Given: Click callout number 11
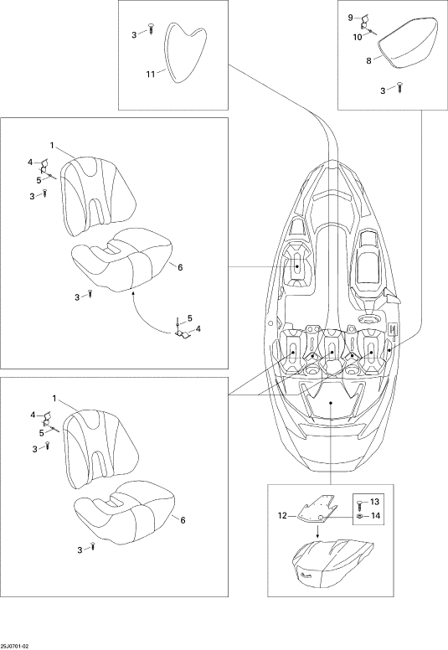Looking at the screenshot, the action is tap(151, 75).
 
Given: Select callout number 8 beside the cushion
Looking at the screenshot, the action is tap(368, 61).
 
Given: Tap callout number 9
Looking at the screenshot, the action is tap(350, 18).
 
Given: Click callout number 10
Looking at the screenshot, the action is tap(358, 38).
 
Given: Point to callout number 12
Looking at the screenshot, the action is tap(282, 516).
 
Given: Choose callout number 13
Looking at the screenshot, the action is tap(374, 502).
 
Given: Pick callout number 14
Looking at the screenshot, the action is tap(374, 516).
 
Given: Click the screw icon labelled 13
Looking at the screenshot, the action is tap(360, 503).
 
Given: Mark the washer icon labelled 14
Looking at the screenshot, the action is tap(360, 516).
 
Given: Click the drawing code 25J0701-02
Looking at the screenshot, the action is tap(14, 647).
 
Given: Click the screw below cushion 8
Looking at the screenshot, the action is tap(400, 88).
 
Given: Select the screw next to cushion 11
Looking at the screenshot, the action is tap(151, 29).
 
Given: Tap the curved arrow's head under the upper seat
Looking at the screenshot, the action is tap(133, 292).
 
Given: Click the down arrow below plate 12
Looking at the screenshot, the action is tap(317, 532).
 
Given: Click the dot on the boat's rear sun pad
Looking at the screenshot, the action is tap(330, 403).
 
